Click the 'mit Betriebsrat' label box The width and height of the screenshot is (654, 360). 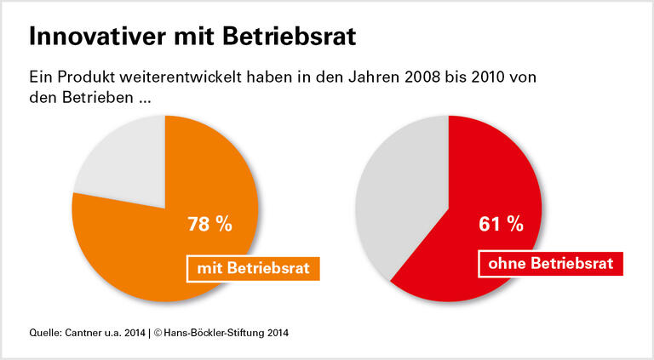point(253,269)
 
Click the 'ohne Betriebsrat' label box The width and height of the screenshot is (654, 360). point(550,264)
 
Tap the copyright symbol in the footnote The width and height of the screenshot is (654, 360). point(159,332)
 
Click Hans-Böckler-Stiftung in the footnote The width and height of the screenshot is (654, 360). point(214,332)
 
